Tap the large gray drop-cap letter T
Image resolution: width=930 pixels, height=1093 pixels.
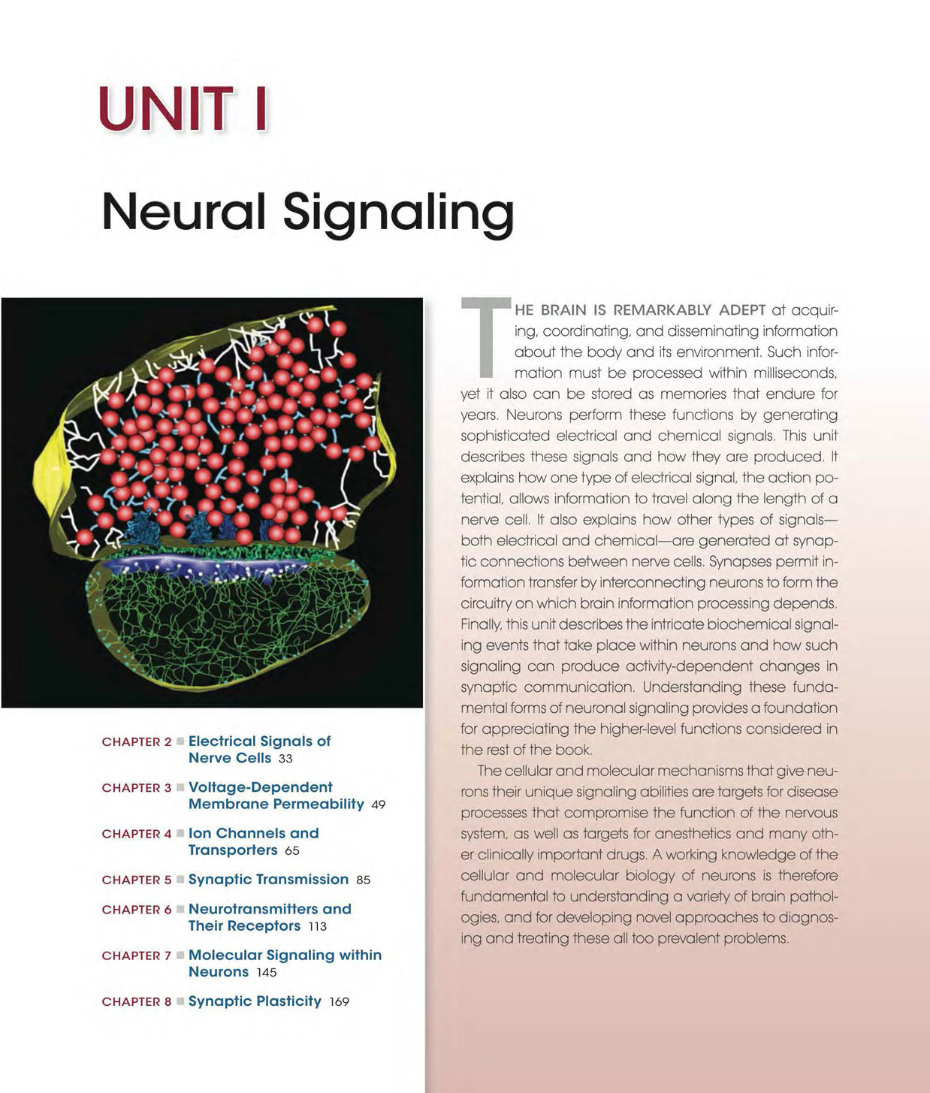pos(486,337)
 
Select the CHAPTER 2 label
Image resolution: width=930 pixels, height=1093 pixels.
pos(137,742)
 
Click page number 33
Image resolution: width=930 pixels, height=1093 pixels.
pos(285,759)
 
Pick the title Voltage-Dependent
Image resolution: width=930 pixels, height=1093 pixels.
pos(260,787)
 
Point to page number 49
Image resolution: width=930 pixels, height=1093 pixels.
pos(379,805)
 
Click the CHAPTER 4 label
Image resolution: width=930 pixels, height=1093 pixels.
pos(137,834)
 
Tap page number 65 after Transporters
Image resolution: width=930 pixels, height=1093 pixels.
pos(292,851)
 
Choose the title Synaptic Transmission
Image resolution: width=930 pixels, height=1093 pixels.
pos(269,880)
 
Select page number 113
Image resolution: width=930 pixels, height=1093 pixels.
pos(317,926)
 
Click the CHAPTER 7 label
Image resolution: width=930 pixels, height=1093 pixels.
pos(137,956)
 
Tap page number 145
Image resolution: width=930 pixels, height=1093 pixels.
pos(267,973)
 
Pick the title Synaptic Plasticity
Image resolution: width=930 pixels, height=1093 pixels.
pos(255,1001)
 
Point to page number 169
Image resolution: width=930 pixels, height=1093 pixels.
pos(340,1002)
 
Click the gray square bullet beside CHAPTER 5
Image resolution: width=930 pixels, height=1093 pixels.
pos(180,880)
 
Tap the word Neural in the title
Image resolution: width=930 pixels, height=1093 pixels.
pos(183,212)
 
